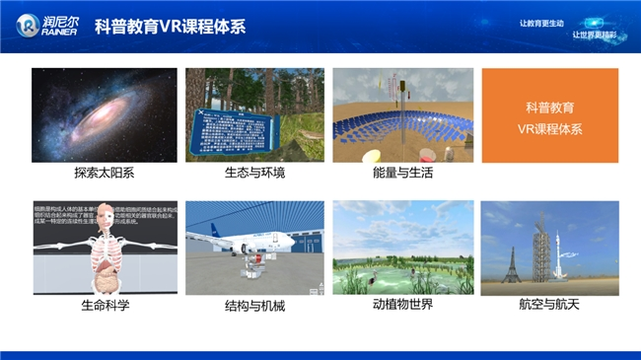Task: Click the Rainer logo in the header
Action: click(x=46, y=25)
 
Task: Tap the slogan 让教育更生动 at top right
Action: click(x=541, y=23)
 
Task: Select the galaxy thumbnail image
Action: click(x=105, y=114)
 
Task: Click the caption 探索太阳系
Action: click(x=105, y=173)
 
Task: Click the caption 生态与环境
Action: click(x=254, y=173)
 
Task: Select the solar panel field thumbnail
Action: click(x=402, y=114)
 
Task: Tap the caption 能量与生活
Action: click(x=402, y=173)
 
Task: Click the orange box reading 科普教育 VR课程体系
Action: click(x=549, y=115)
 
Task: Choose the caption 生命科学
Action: click(x=105, y=305)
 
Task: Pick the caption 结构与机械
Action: click(x=254, y=306)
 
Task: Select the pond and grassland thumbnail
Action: click(x=402, y=248)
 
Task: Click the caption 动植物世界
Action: click(x=402, y=304)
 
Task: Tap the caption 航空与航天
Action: click(x=549, y=305)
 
